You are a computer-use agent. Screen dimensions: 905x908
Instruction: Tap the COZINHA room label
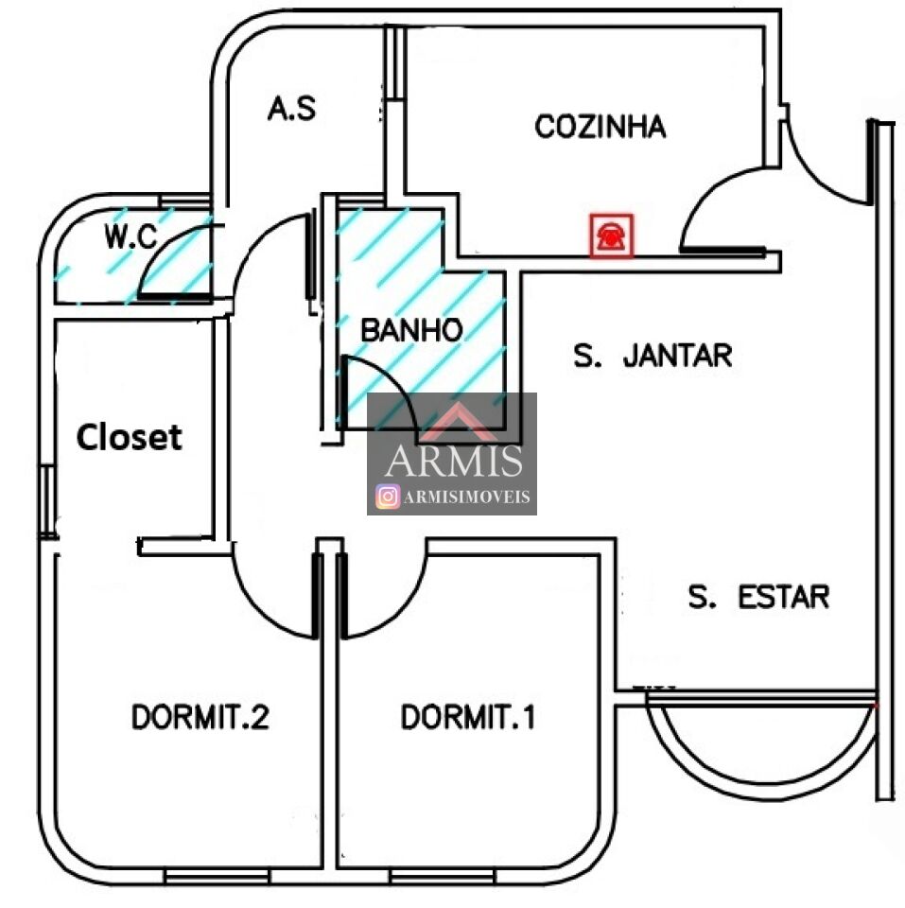click(x=600, y=127)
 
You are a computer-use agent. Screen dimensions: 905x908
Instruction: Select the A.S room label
click(x=291, y=109)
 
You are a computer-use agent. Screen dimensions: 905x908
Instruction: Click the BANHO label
click(x=411, y=330)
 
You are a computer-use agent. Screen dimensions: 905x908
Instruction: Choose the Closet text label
click(x=129, y=437)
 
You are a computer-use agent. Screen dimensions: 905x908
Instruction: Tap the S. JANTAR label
click(x=653, y=356)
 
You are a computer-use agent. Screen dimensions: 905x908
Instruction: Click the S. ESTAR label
click(x=758, y=597)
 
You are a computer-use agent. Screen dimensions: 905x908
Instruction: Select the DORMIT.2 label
click(x=200, y=718)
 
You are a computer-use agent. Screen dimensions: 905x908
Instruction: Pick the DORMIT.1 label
click(x=468, y=718)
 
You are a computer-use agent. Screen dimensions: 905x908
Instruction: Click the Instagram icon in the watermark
click(x=387, y=497)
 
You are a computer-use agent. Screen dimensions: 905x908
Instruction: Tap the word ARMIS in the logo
click(x=454, y=461)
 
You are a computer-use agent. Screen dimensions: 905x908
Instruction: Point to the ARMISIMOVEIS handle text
click(x=466, y=498)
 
